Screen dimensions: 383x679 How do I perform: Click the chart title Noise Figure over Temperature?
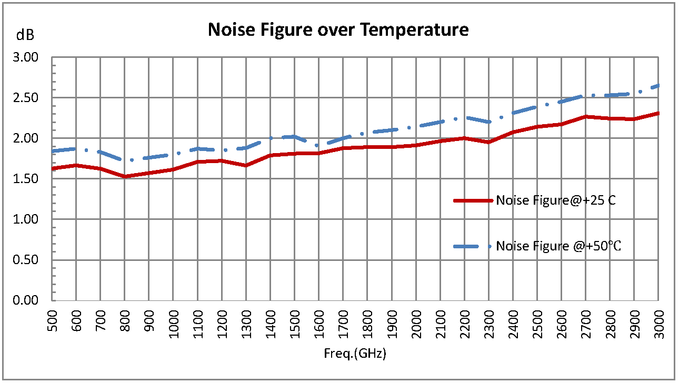338,29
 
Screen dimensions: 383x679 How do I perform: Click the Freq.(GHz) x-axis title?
355,354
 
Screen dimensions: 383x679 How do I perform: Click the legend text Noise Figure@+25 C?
556,200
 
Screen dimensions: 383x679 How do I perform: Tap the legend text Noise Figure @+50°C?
559,246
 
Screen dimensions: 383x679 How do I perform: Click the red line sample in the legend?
473,200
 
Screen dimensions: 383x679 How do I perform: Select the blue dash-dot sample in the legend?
473,246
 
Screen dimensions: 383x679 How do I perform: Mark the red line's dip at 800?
125,176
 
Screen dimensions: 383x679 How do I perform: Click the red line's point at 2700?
585,116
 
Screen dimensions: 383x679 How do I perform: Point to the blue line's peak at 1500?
295,136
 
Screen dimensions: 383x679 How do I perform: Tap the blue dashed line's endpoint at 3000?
658,85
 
